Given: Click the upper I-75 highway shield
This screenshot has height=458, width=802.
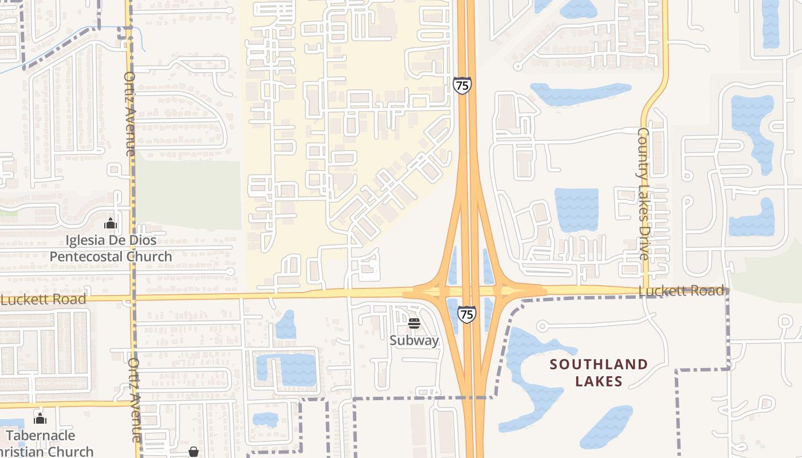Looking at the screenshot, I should click(462, 86).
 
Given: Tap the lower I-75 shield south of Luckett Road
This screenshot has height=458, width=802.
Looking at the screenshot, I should click(467, 314).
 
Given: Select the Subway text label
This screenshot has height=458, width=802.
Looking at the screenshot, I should click(414, 340).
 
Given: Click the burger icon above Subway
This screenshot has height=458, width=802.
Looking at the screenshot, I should click(414, 324).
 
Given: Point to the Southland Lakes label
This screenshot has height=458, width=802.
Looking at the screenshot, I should click(599, 372).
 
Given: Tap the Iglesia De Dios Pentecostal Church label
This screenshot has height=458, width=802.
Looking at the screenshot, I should click(111, 248).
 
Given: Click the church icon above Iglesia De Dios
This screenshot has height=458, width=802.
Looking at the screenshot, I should click(111, 223).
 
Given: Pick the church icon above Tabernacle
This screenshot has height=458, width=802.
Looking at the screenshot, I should click(40, 418).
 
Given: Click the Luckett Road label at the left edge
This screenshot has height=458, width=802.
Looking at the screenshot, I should click(45, 299).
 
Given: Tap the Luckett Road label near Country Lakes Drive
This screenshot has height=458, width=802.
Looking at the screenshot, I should click(682, 291).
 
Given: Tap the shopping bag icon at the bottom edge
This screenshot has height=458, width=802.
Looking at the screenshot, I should click(194, 452).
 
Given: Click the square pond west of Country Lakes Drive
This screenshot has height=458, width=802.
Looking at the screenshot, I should click(576, 210).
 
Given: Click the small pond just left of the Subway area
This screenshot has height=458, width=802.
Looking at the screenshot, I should click(286, 325).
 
